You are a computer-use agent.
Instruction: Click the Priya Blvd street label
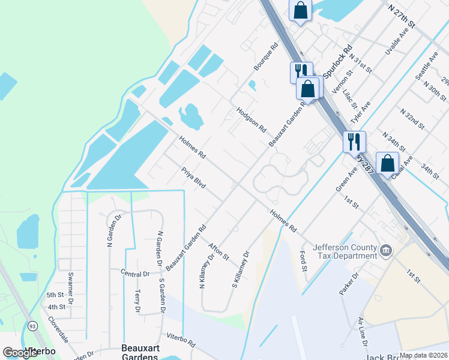193,178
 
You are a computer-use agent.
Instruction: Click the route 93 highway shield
31,326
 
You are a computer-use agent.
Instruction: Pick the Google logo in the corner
20,353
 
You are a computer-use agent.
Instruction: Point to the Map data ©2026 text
423,355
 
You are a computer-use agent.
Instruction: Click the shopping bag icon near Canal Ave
387,163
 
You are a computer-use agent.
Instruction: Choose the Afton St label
218,251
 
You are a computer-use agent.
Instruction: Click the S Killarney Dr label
240,269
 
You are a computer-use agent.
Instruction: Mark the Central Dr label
134,274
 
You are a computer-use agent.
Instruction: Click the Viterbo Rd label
181,341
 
